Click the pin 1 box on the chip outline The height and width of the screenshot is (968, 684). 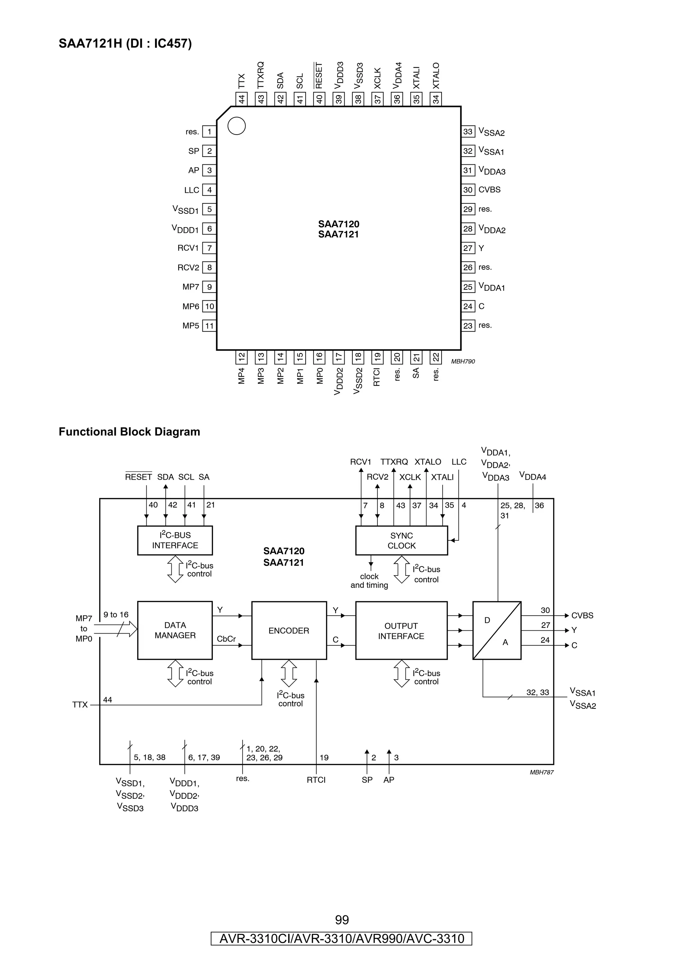pyautogui.click(x=209, y=132)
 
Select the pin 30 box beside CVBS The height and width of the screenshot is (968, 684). pyautogui.click(x=468, y=190)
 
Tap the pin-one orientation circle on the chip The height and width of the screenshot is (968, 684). pyautogui.click(x=236, y=126)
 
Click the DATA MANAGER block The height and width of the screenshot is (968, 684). pyautogui.click(x=175, y=630)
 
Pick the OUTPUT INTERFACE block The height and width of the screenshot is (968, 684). pyautogui.click(x=401, y=631)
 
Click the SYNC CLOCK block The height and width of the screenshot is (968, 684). pyautogui.click(x=401, y=540)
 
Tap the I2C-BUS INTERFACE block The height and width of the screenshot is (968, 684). pyautogui.click(x=175, y=540)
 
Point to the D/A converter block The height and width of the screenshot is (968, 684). pyautogui.click(x=497, y=630)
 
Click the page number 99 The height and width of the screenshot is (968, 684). pyautogui.click(x=342, y=920)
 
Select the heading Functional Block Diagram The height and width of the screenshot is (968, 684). pyautogui.click(x=129, y=432)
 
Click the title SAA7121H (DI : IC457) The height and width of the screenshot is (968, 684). pyautogui.click(x=125, y=43)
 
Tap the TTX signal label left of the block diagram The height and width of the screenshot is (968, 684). pyautogui.click(x=79, y=704)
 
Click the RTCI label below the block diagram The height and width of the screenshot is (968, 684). pyautogui.click(x=316, y=780)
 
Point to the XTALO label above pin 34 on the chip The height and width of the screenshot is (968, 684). pyautogui.click(x=436, y=76)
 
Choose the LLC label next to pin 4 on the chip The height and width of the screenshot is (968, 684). pyautogui.click(x=192, y=190)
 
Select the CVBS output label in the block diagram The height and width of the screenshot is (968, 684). pyautogui.click(x=582, y=616)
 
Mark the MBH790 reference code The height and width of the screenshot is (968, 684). pyautogui.click(x=463, y=361)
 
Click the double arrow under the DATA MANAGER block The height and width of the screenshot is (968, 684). pyautogui.click(x=175, y=673)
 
